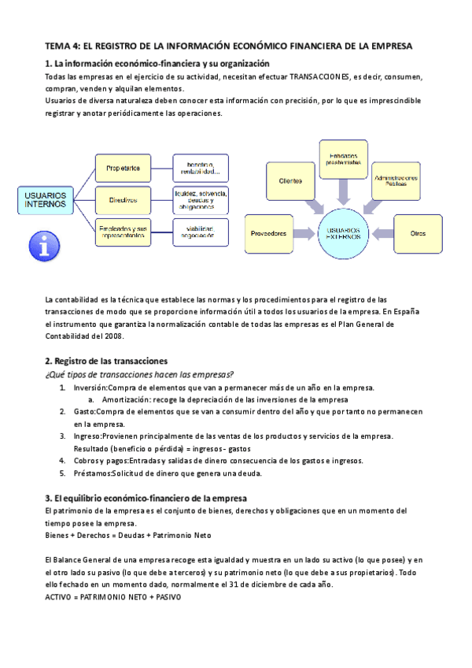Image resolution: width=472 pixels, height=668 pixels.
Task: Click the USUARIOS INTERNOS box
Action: point(46,199)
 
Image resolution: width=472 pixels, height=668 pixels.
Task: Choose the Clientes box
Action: point(291,181)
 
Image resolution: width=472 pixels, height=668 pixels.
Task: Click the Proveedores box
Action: point(269,233)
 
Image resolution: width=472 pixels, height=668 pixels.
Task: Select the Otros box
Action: point(419,233)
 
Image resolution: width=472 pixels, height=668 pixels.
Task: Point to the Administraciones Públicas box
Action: point(396,180)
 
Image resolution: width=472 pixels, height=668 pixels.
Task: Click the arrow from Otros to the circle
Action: point(382,233)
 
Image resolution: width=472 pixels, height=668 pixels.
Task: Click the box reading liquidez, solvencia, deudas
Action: point(200,199)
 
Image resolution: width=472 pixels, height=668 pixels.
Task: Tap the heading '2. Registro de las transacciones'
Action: point(106,360)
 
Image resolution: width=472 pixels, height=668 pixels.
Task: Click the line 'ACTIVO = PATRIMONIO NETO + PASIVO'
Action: point(113,598)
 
